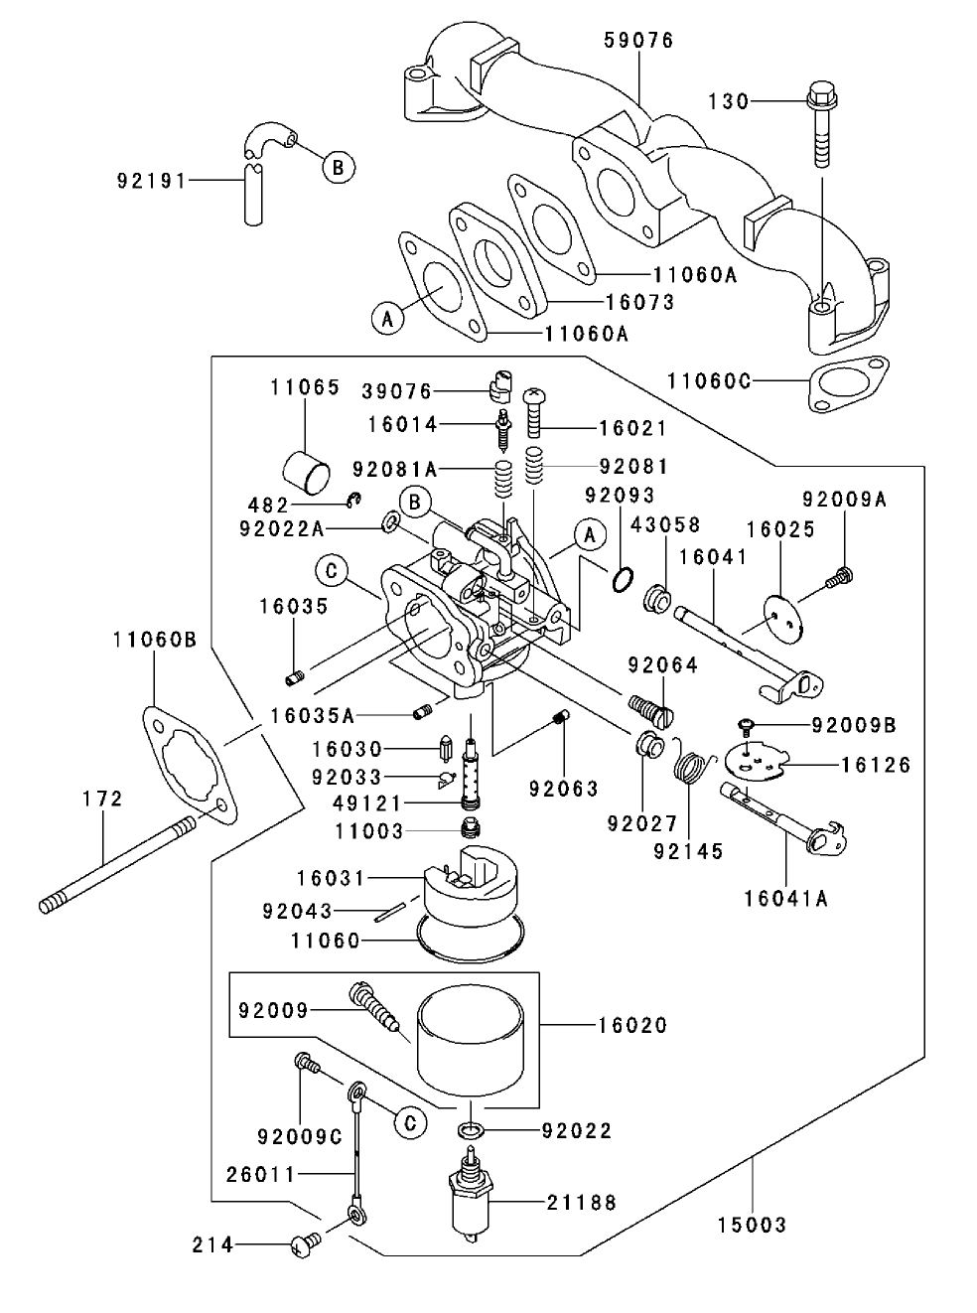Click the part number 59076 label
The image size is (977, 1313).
pos(638,40)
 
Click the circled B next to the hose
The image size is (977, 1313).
pos(338,167)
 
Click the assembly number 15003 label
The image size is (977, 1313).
pos(752,1225)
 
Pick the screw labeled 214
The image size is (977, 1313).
pos(304,1243)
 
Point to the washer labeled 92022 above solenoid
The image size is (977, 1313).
pos(472,1130)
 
